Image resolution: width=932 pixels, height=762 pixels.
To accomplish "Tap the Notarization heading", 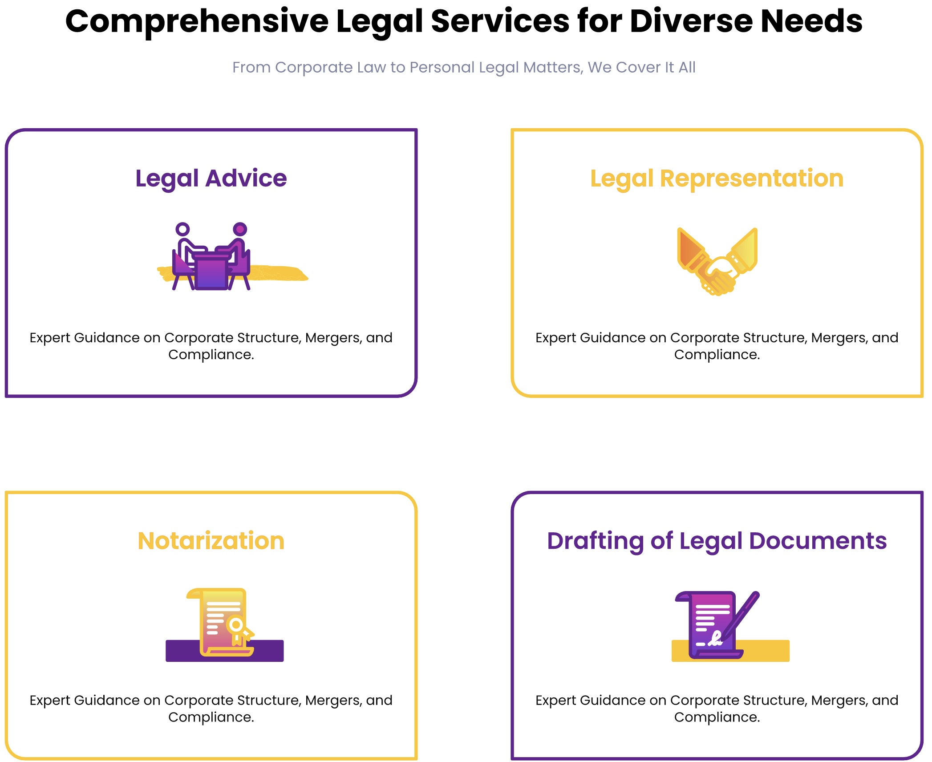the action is coord(211,541).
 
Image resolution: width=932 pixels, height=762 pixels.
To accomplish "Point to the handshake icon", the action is coord(717,261).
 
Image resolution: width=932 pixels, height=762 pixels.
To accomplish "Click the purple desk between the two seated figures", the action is coord(211,272).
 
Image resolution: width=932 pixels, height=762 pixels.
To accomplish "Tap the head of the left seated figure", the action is coord(182,229).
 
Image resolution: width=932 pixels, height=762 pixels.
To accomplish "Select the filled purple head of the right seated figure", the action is coord(240,229).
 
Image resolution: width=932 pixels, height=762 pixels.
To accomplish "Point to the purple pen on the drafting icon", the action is coord(740,615).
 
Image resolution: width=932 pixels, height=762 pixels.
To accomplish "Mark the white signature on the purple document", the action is coord(715,639).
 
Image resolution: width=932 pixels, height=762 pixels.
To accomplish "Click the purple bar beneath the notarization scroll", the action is coord(224,651).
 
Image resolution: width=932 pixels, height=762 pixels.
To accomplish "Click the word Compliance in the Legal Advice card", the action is coord(211,355).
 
